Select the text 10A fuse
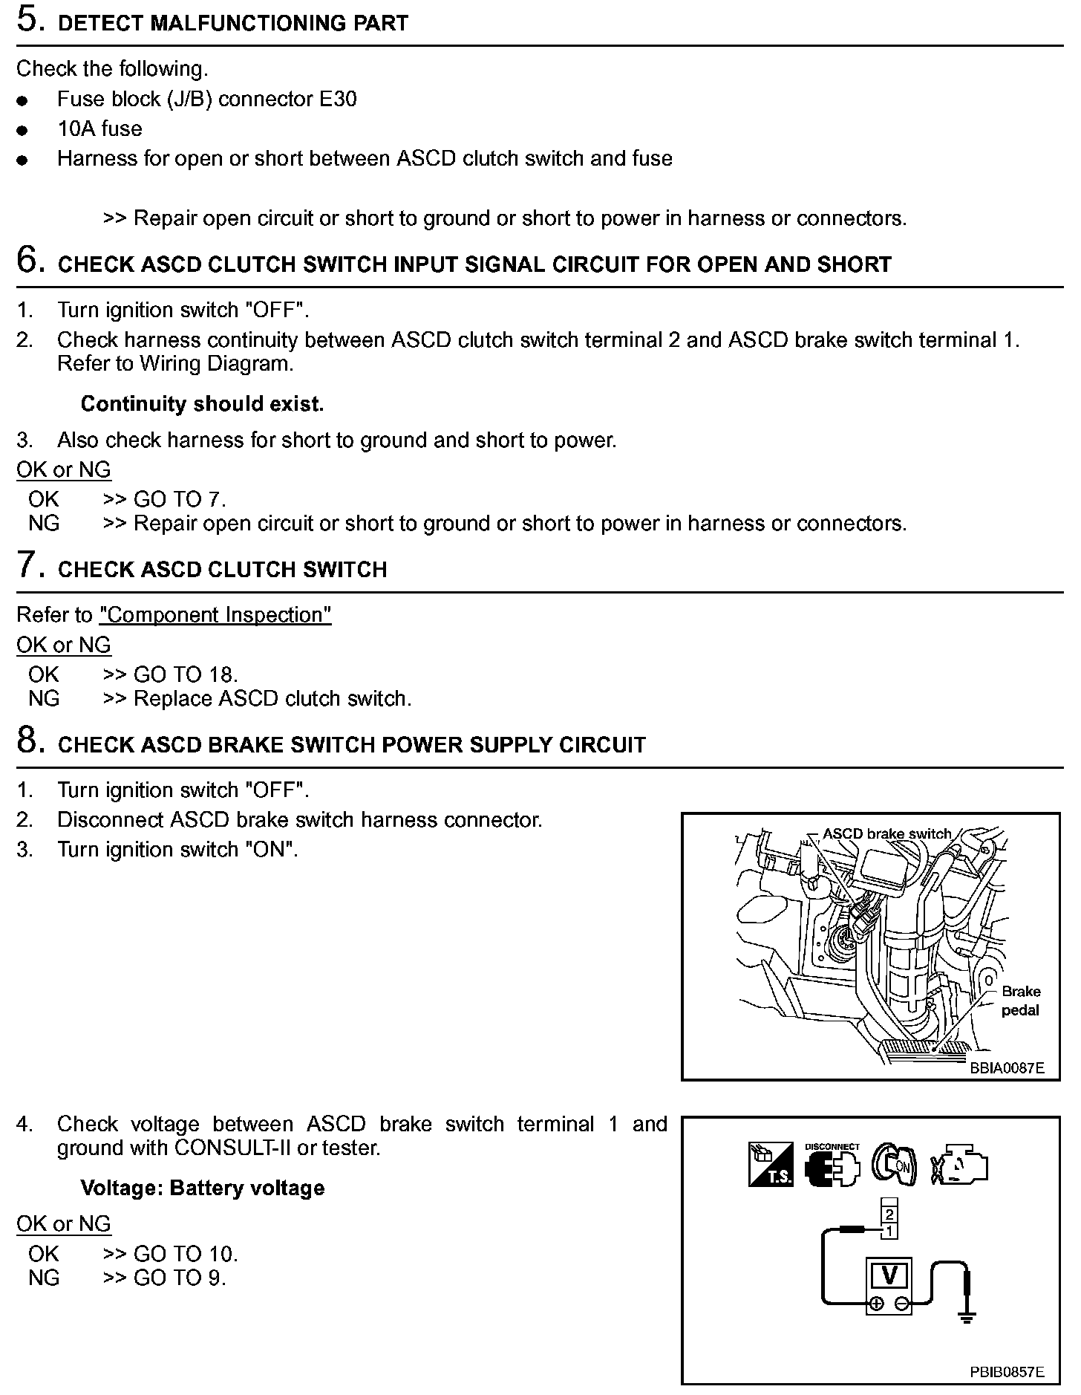click(99, 129)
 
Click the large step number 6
click(30, 261)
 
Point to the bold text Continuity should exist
click(202, 404)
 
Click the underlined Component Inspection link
click(215, 615)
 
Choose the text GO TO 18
click(186, 674)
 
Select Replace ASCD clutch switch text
click(272, 698)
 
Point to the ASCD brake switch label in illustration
click(886, 833)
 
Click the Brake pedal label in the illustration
click(1020, 1001)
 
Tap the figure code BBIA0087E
click(1006, 1068)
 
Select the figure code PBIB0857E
click(1006, 1372)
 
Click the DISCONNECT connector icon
click(832, 1165)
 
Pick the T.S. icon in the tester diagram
click(771, 1164)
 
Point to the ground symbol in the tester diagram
click(966, 1318)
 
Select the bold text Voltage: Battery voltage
click(202, 1188)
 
